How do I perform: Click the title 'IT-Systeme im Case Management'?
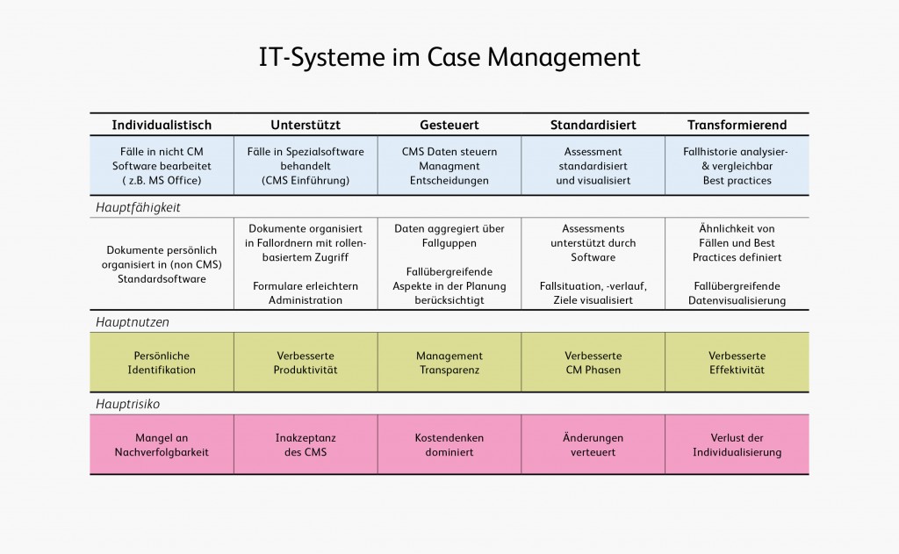click(x=449, y=58)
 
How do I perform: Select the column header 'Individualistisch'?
click(x=162, y=125)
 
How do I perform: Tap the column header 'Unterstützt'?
click(x=306, y=125)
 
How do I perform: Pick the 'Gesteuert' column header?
click(x=449, y=125)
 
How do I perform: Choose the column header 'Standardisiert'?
click(x=593, y=125)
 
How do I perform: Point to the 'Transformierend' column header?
click(x=737, y=125)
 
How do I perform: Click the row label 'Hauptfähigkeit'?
click(x=138, y=207)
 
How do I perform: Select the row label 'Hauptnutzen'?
click(x=133, y=322)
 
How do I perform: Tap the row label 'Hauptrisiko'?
click(x=128, y=404)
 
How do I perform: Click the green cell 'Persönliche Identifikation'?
click(x=162, y=363)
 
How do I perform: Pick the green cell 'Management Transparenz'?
click(x=449, y=363)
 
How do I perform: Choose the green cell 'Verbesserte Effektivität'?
click(x=737, y=363)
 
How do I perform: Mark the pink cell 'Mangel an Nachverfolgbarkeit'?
click(x=162, y=445)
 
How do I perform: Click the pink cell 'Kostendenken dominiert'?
click(x=449, y=445)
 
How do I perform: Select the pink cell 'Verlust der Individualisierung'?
click(x=737, y=445)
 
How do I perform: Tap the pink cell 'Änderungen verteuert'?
click(x=593, y=445)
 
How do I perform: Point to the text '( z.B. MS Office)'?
click(x=162, y=180)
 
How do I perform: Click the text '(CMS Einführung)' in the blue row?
click(x=306, y=180)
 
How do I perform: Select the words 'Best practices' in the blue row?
click(x=737, y=180)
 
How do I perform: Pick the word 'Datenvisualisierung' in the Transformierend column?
click(x=737, y=300)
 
